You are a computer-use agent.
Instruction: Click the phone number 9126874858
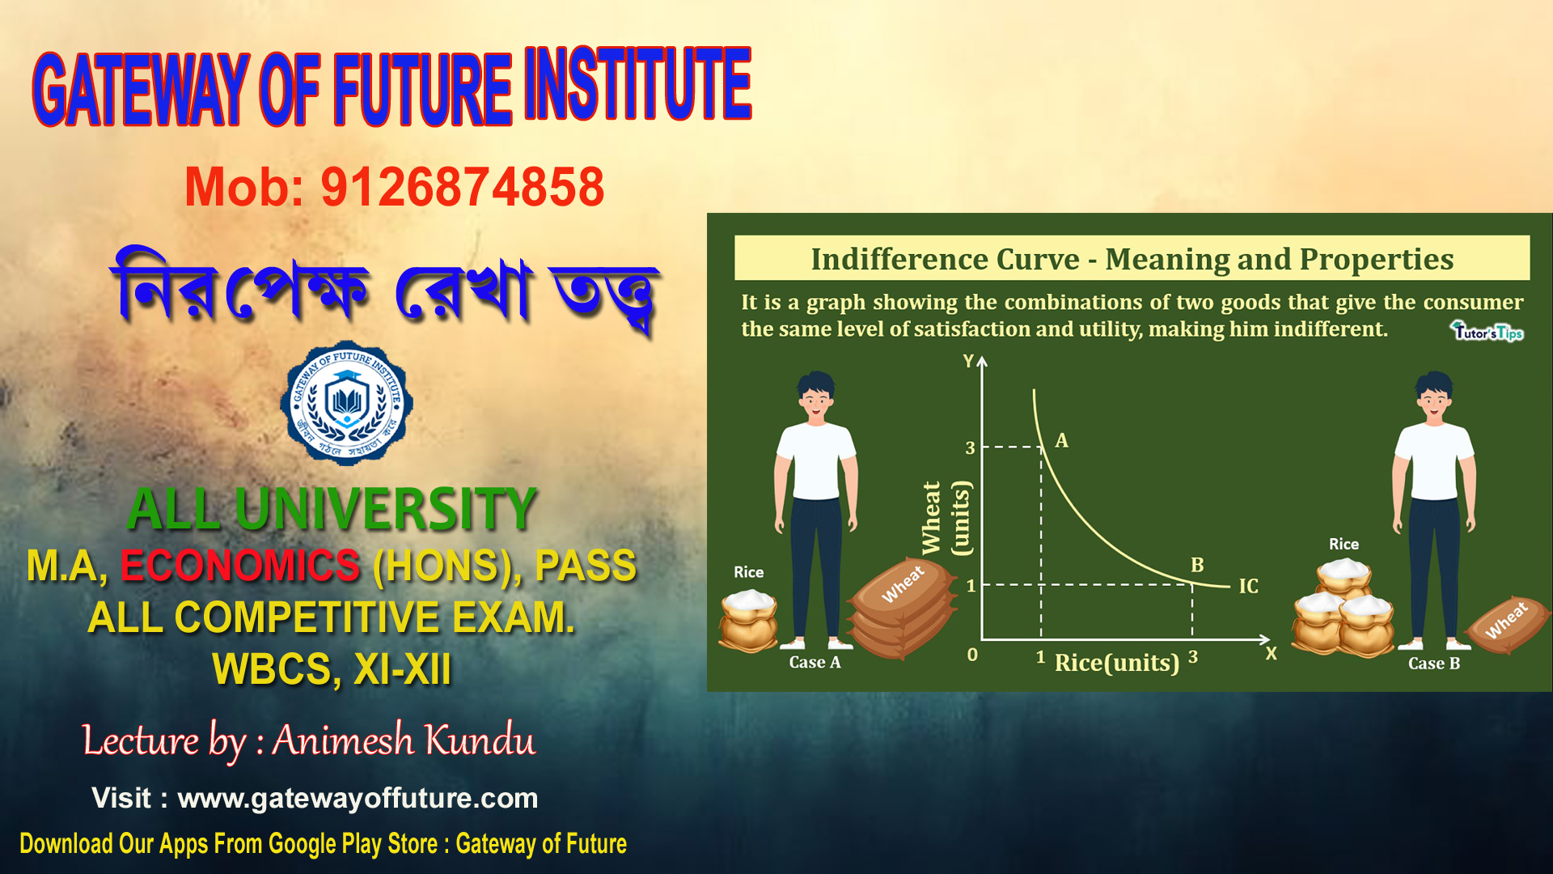[x=462, y=187]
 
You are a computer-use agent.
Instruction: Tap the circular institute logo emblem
[x=346, y=403]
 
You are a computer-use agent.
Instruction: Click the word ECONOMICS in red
[x=240, y=565]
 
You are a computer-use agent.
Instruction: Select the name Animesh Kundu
[x=403, y=740]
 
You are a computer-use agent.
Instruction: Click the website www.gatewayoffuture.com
[x=358, y=798]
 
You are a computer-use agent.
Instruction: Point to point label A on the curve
[x=1061, y=440]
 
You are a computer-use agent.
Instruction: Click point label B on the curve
[x=1197, y=565]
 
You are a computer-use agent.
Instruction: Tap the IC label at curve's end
[x=1248, y=586]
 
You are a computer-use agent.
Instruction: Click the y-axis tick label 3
[x=970, y=448]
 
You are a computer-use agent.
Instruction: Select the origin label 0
[x=972, y=654]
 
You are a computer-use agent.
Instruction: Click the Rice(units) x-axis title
[x=1116, y=663]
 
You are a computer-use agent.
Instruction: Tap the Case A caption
[x=815, y=662]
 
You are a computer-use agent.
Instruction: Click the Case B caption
[x=1433, y=664]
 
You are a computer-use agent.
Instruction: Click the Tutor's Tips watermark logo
[x=1487, y=331]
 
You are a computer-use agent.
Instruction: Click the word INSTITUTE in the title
[x=637, y=85]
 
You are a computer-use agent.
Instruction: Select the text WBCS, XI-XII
[x=332, y=669]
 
